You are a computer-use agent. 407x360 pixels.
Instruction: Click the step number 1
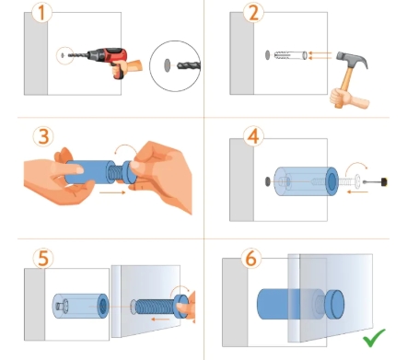pyautogui.click(x=42, y=13)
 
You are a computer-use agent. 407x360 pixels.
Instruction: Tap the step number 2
pyautogui.click(x=253, y=14)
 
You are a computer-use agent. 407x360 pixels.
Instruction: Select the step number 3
pyautogui.click(x=43, y=136)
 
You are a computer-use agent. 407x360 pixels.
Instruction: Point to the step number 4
pyautogui.click(x=253, y=136)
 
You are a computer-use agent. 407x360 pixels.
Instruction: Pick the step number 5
pyautogui.click(x=43, y=259)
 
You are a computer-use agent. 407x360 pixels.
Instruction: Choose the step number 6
pyautogui.click(x=251, y=259)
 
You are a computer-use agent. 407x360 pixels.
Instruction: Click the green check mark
pyautogui.click(x=374, y=338)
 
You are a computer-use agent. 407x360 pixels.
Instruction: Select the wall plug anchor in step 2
pyautogui.click(x=290, y=55)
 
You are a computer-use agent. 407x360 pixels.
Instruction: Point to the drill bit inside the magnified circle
pyautogui.click(x=189, y=65)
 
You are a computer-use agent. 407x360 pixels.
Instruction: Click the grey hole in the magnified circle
pyautogui.click(x=168, y=65)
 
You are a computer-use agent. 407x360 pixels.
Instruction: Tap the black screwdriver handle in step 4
pyautogui.click(x=384, y=182)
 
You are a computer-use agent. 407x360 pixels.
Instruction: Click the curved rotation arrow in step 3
pyautogui.click(x=126, y=148)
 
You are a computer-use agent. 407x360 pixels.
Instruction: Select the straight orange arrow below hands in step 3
pyautogui.click(x=112, y=192)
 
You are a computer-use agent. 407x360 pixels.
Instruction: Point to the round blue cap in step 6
pyautogui.click(x=334, y=304)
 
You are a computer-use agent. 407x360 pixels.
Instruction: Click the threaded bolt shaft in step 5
pyautogui.click(x=155, y=307)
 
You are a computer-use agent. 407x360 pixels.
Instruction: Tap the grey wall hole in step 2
pyautogui.click(x=267, y=55)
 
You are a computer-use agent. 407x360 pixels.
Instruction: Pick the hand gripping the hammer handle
pyautogui.click(x=348, y=99)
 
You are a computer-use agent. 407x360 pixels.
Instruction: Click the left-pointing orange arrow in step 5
pyautogui.click(x=160, y=319)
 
